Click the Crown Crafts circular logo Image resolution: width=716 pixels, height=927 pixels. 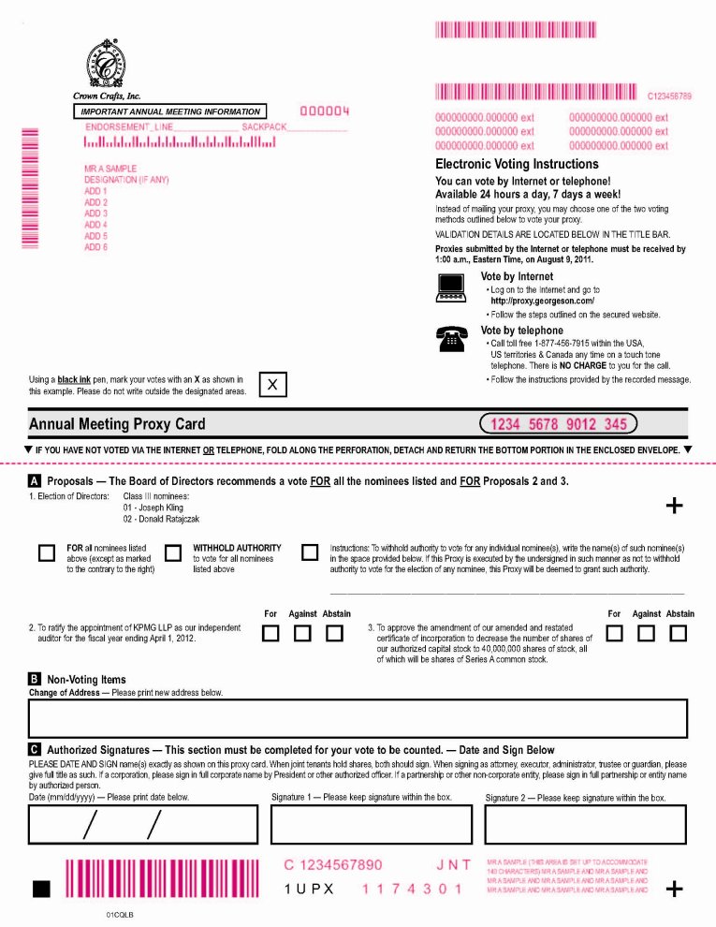pyautogui.click(x=108, y=67)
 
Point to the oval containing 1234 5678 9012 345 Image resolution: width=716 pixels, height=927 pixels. pyautogui.click(x=558, y=424)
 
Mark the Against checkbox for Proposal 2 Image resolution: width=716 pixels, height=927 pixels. pyautogui.click(x=302, y=634)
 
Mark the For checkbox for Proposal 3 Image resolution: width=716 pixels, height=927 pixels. pyautogui.click(x=614, y=634)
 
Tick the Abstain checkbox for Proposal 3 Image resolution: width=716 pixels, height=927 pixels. pyautogui.click(x=679, y=634)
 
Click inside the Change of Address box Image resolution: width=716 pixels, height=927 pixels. pyautogui.click(x=358, y=718)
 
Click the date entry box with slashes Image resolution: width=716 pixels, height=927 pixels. pyautogui.click(x=134, y=824)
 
